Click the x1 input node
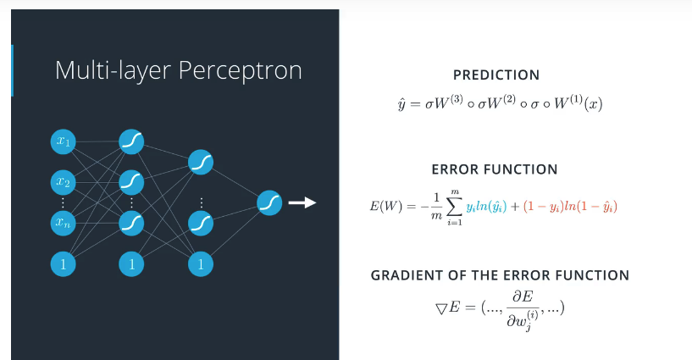[x=63, y=141]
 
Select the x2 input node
[x=63, y=181]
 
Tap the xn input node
[x=63, y=223]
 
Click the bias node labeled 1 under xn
[x=63, y=263]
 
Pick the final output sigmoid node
[x=269, y=202]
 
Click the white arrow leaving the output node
[x=302, y=202]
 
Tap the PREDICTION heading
[x=495, y=75]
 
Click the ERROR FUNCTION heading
[x=495, y=169]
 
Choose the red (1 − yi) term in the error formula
[x=540, y=207]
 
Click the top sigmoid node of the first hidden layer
[x=131, y=141]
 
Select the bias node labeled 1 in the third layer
[x=201, y=263]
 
